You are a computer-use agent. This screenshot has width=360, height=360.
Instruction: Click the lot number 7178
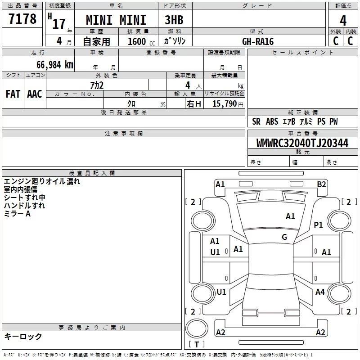point(22,19)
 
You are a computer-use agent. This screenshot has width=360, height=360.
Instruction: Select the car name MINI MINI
point(116,20)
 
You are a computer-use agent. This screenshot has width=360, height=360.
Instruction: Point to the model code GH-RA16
point(258,41)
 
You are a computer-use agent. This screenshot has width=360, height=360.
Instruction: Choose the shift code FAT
point(13,94)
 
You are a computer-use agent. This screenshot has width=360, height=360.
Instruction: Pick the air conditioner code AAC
point(34,94)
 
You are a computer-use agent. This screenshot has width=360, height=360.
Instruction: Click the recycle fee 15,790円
point(225,103)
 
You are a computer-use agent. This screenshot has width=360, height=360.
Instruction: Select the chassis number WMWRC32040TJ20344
point(302,144)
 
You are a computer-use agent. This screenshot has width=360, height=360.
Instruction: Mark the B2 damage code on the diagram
point(321,184)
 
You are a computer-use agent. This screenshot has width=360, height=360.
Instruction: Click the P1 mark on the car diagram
point(319,225)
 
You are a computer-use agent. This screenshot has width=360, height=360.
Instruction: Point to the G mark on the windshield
point(284,237)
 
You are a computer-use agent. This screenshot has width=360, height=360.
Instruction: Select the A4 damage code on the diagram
point(320,292)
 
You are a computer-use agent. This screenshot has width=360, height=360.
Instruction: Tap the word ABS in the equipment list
point(272,122)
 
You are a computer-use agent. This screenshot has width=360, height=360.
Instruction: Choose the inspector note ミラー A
point(17,214)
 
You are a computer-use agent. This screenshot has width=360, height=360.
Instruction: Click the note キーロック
point(23,337)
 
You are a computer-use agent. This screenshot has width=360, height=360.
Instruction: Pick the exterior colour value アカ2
point(97,85)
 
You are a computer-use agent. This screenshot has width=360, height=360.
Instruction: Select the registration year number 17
point(58,23)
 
